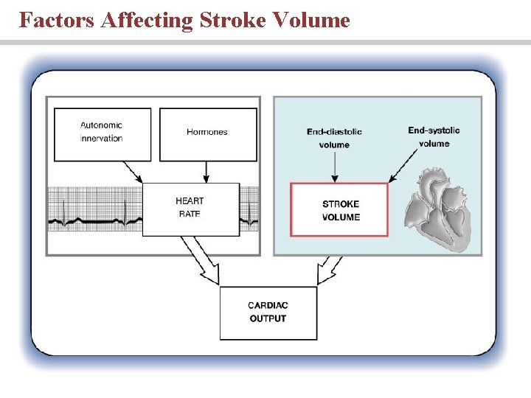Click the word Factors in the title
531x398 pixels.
click(57, 20)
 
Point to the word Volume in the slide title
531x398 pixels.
click(311, 20)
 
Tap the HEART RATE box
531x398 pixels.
click(190, 208)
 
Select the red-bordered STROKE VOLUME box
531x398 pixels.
click(340, 210)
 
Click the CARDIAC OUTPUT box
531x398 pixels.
click(268, 312)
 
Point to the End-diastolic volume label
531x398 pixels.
click(334, 138)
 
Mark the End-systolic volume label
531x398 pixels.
click(434, 136)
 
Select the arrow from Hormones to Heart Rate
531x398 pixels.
click(206, 171)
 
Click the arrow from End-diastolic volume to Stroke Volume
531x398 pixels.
click(335, 168)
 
